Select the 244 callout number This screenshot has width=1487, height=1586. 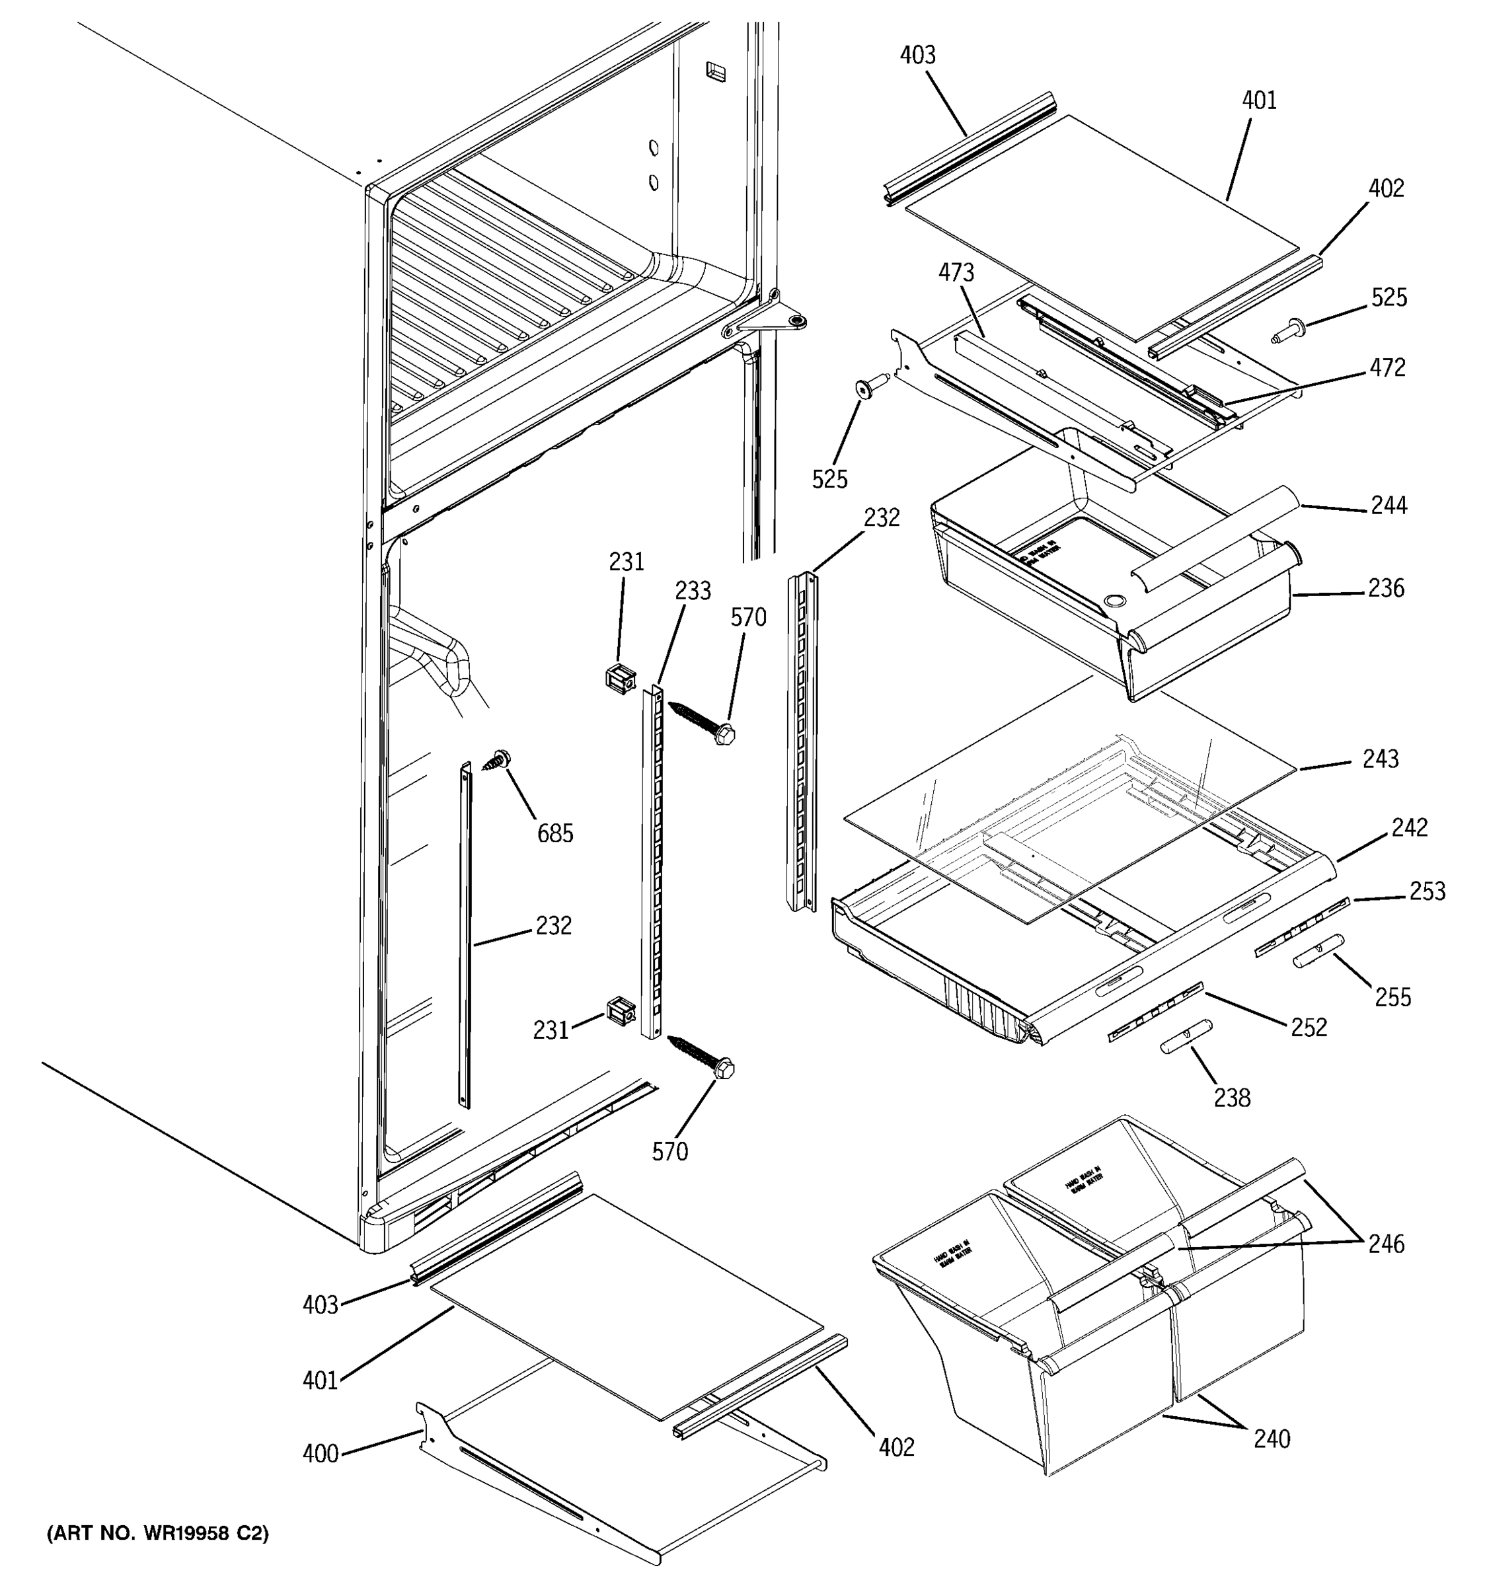pyautogui.click(x=1389, y=505)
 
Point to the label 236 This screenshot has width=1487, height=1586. pyautogui.click(x=1386, y=588)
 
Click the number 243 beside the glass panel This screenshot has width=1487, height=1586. pyautogui.click(x=1380, y=758)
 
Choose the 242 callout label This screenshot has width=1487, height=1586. pyautogui.click(x=1409, y=827)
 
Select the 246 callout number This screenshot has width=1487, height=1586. pyautogui.click(x=1387, y=1244)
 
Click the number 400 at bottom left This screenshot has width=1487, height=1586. pyautogui.click(x=321, y=1454)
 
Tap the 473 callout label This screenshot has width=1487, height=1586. pyautogui.click(x=956, y=273)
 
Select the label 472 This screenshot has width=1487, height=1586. pyautogui.click(x=1387, y=368)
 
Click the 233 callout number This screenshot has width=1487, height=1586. pyautogui.click(x=693, y=591)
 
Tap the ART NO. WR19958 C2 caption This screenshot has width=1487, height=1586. pyautogui.click(x=158, y=1533)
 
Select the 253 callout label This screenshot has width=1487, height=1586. pyautogui.click(x=1426, y=891)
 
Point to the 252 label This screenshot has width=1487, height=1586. pyautogui.click(x=1309, y=1028)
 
